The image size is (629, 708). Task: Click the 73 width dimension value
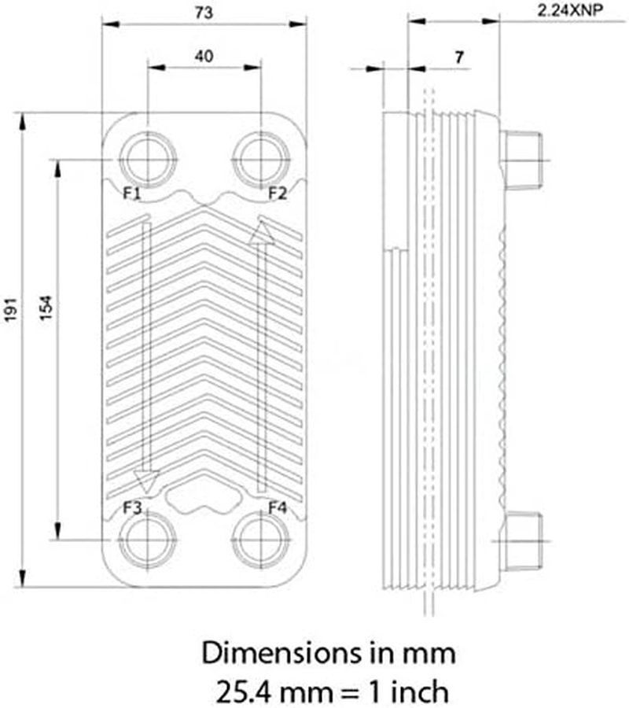[204, 13]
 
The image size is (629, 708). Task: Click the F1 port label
[131, 193]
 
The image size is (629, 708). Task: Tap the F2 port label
[278, 193]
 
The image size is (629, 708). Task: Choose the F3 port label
[132, 507]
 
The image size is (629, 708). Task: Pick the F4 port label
[278, 507]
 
